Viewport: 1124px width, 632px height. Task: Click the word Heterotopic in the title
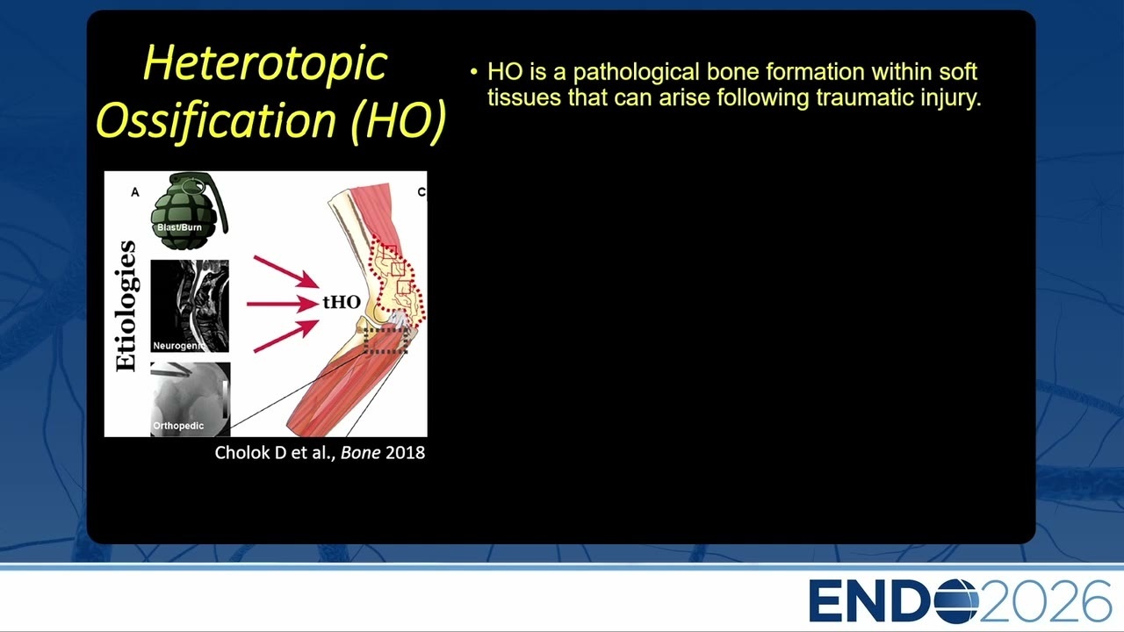[x=265, y=64]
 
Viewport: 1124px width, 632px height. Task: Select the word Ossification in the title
[x=216, y=121]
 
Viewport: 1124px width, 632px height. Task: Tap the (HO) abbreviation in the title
[x=399, y=121]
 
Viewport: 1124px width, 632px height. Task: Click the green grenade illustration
[x=190, y=211]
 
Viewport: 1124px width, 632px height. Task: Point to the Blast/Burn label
[x=179, y=227]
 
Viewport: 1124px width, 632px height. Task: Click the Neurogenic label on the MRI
[x=178, y=346]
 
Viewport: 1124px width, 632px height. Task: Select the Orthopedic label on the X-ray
[x=178, y=426]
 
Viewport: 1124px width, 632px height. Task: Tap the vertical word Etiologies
[x=126, y=306]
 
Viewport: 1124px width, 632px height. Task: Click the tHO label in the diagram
[x=342, y=302]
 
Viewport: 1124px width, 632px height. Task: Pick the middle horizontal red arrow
[x=283, y=304]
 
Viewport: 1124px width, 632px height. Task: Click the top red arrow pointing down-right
[x=285, y=272]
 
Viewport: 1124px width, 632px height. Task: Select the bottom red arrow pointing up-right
[x=285, y=336]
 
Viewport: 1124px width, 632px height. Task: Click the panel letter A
[x=135, y=192]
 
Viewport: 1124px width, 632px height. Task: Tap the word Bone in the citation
[x=360, y=453]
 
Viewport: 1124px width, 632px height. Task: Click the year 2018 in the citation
[x=406, y=453]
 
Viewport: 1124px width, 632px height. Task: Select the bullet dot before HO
[x=474, y=72]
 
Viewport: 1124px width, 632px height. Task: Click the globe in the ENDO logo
[x=956, y=601]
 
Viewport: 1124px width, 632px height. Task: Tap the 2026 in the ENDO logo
[x=1045, y=601]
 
